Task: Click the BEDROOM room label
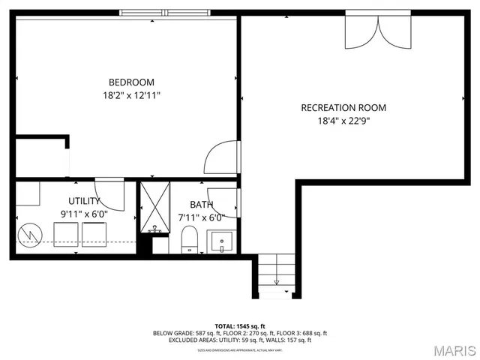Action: click(x=131, y=82)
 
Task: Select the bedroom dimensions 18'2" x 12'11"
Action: click(x=131, y=95)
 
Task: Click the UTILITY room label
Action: click(x=84, y=201)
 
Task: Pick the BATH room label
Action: click(x=201, y=204)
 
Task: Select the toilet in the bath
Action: click(x=189, y=240)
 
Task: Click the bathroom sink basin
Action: click(x=221, y=242)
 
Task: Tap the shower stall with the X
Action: click(x=155, y=208)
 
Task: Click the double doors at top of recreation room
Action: click(x=378, y=30)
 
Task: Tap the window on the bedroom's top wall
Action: click(x=166, y=13)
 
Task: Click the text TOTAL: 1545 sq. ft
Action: click(x=239, y=325)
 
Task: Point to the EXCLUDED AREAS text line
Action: click(x=239, y=340)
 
